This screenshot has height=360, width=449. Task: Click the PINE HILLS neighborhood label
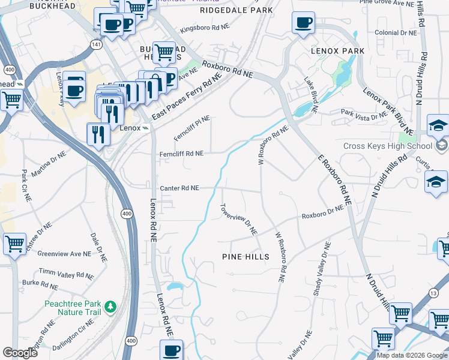click(246, 256)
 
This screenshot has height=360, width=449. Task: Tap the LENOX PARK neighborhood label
click(337, 51)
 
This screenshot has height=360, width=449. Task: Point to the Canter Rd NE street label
click(179, 187)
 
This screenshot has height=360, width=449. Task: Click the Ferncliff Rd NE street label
click(182, 154)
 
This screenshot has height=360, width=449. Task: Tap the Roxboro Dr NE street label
click(322, 212)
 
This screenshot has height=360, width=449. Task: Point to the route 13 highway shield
click(433, 293)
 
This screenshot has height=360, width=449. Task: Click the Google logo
click(20, 353)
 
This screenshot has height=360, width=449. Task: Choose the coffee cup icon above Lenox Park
click(303, 23)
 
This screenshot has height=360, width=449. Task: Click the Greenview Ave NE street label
click(64, 253)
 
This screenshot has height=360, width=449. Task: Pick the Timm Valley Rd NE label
click(74, 274)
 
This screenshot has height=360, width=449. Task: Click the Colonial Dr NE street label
click(394, 34)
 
